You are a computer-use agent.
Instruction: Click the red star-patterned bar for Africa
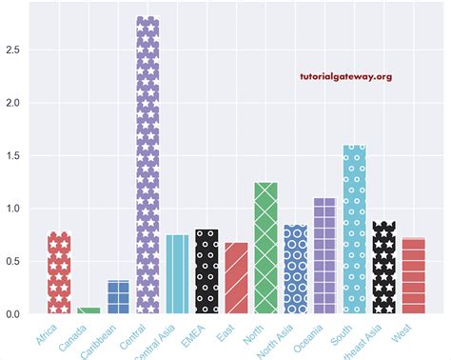59,273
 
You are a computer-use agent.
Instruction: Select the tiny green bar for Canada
88,310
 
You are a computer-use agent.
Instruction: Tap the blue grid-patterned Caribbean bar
118,296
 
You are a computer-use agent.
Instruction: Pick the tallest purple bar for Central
147,166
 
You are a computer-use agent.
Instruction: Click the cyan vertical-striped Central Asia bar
177,274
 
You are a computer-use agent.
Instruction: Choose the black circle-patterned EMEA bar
206,271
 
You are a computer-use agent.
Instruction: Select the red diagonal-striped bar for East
236,278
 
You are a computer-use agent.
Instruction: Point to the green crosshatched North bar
265,248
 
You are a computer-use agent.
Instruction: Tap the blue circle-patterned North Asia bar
295,270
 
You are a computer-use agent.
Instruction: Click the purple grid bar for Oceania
324,256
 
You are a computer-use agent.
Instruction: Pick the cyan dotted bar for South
354,230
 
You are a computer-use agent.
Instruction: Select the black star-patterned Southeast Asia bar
383,268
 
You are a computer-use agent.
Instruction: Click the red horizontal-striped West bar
413,276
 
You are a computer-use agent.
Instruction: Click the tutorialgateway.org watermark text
345,77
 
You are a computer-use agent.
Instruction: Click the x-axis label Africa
47,334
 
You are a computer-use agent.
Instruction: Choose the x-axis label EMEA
195,334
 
